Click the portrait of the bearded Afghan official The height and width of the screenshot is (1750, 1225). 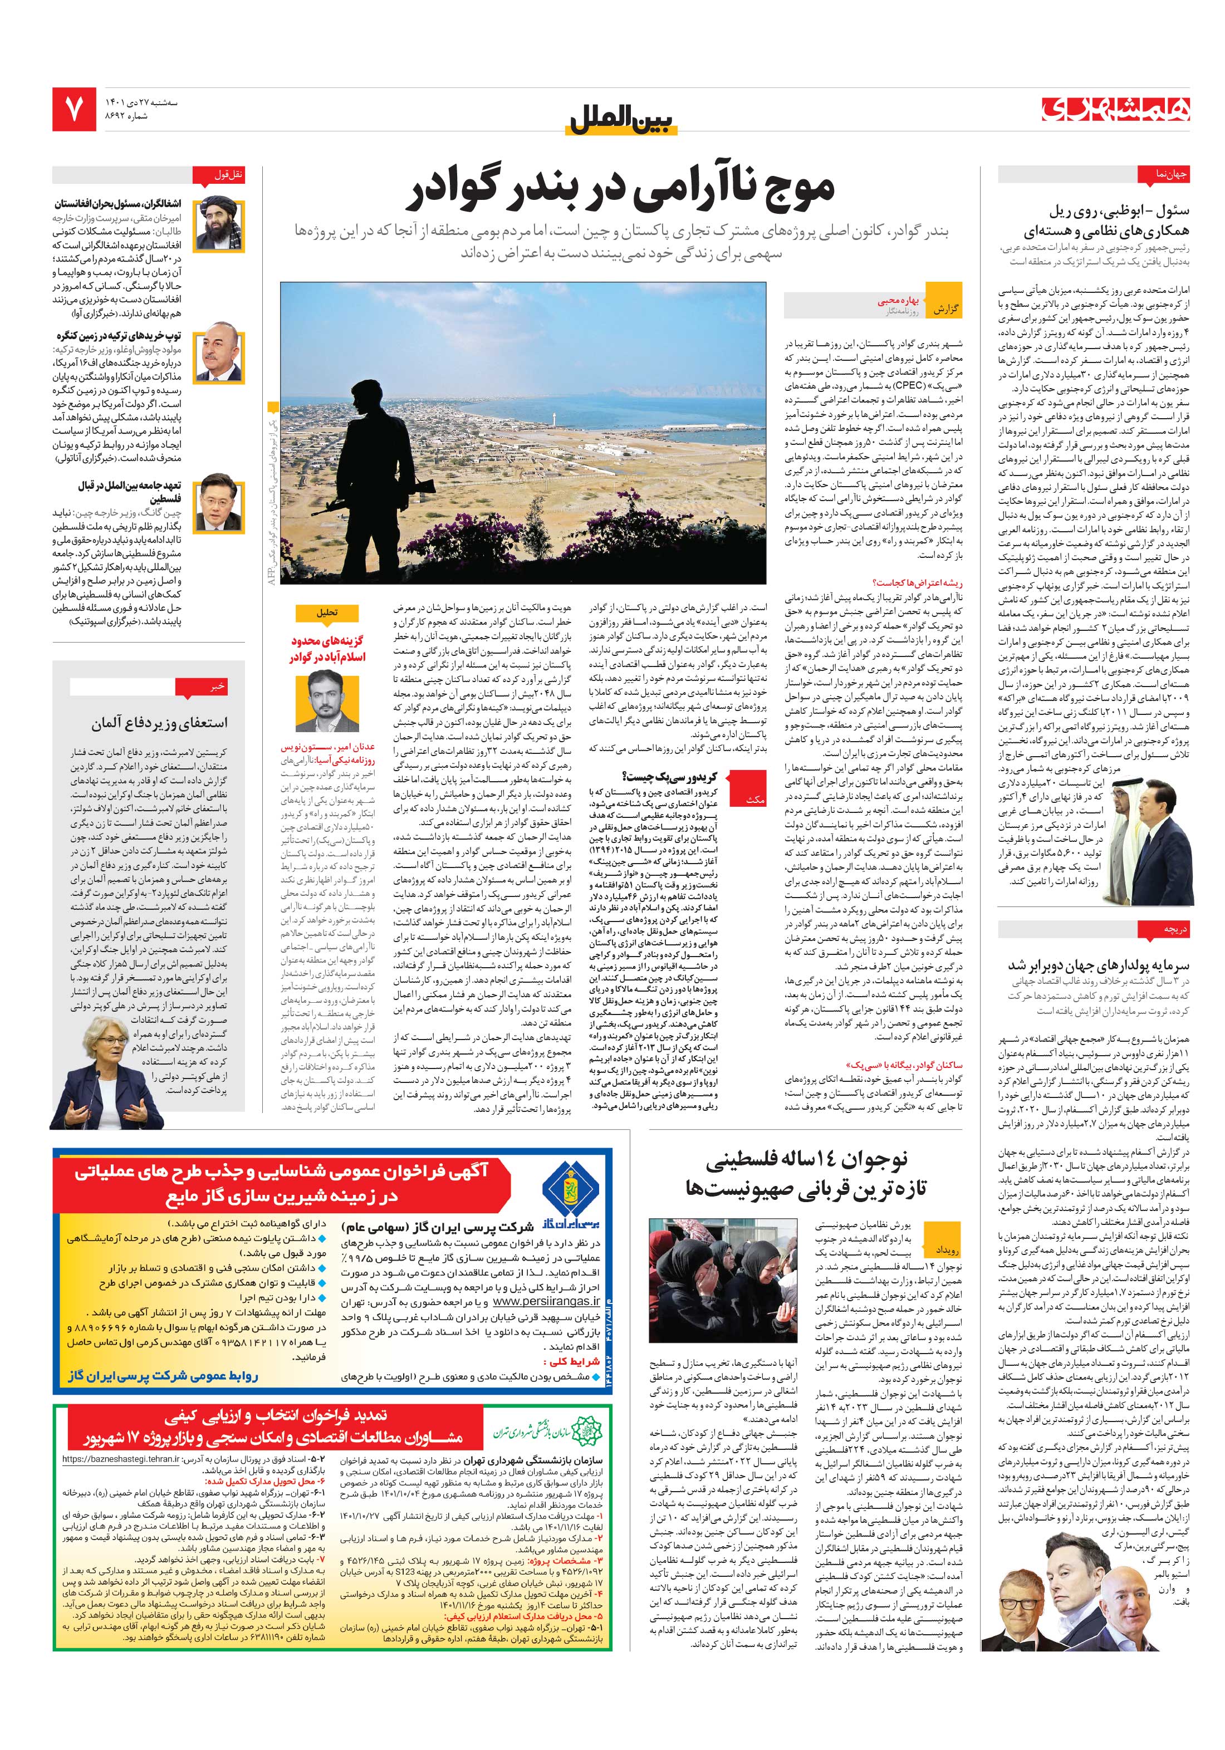(x=219, y=224)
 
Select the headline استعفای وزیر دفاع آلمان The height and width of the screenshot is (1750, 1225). (x=159, y=720)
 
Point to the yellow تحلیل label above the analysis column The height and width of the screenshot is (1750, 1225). (x=326, y=611)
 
